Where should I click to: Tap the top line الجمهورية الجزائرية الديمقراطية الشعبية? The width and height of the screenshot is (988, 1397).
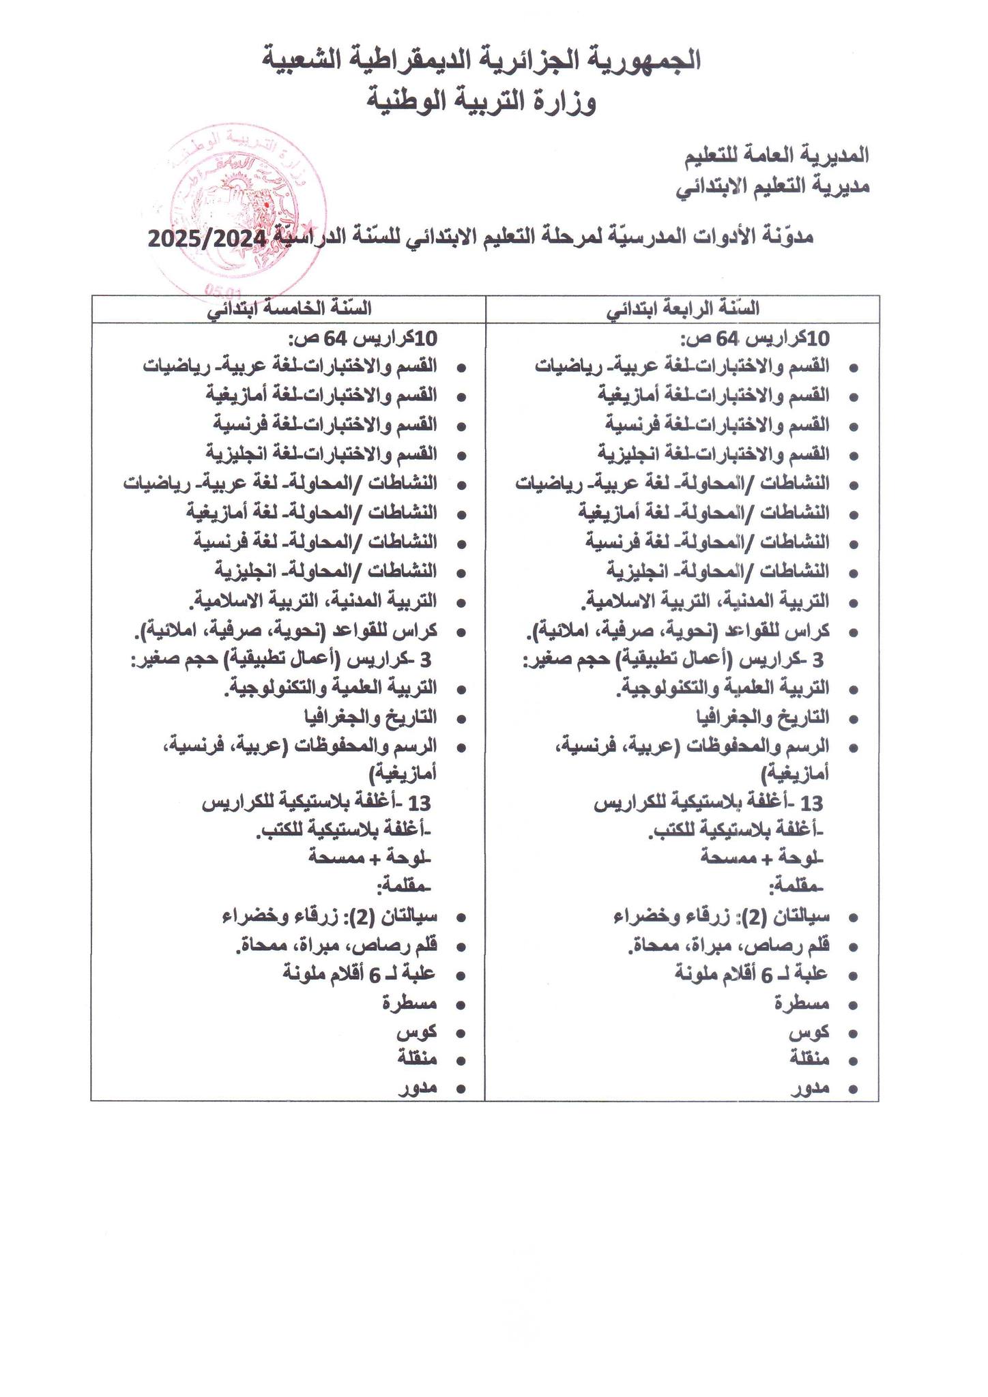pos(482,60)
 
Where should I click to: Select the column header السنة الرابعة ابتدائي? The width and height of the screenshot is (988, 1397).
pos(683,309)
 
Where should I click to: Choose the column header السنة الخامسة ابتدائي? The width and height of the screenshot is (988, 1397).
pos(290,309)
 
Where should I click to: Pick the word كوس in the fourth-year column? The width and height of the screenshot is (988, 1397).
pos(809,1032)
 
